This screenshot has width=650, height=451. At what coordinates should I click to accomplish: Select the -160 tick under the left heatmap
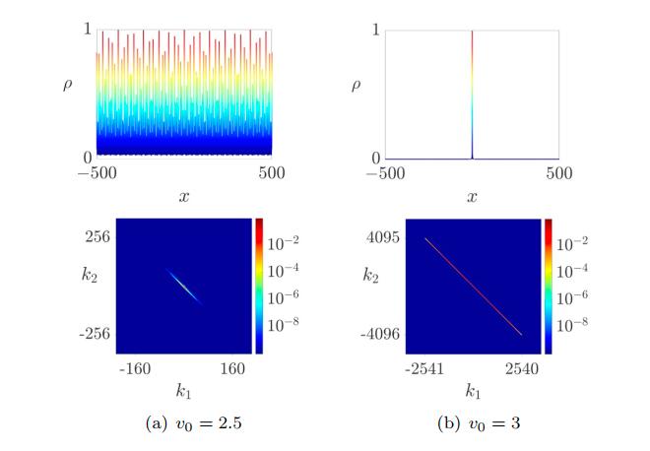click(x=134, y=372)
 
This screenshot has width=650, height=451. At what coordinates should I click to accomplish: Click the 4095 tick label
click(x=379, y=237)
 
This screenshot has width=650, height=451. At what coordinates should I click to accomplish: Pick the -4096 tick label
click(x=377, y=335)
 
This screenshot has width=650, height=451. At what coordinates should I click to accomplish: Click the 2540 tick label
click(x=522, y=372)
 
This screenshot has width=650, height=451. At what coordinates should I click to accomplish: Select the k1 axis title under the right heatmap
click(x=473, y=393)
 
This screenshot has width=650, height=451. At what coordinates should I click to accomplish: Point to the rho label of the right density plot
click(x=357, y=85)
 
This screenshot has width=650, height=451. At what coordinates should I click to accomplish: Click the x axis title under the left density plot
click(x=184, y=197)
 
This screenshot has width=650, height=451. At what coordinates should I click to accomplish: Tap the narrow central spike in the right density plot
click(x=473, y=94)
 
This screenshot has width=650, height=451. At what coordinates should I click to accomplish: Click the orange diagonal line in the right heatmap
click(x=473, y=286)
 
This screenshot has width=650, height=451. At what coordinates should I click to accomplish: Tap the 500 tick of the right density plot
click(x=558, y=174)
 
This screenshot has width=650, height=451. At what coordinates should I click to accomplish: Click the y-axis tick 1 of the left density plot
click(x=87, y=30)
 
